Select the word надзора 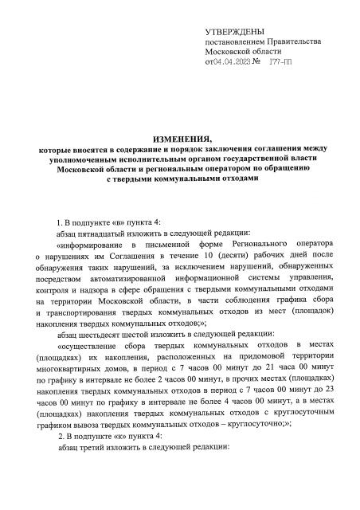tap(93, 288)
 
